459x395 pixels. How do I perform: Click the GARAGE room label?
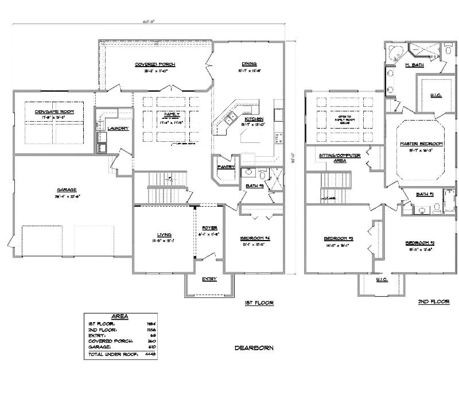[x=67, y=190]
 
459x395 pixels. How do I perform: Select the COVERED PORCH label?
[x=155, y=64]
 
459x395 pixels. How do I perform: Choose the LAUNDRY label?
[x=118, y=128]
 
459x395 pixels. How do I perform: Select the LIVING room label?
[x=165, y=234]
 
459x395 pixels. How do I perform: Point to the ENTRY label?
[x=209, y=279]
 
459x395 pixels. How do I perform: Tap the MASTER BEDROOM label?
[x=421, y=143]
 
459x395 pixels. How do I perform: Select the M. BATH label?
[x=415, y=65]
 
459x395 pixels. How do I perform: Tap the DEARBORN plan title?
[x=254, y=347]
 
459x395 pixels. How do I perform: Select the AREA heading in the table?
[x=120, y=316]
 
